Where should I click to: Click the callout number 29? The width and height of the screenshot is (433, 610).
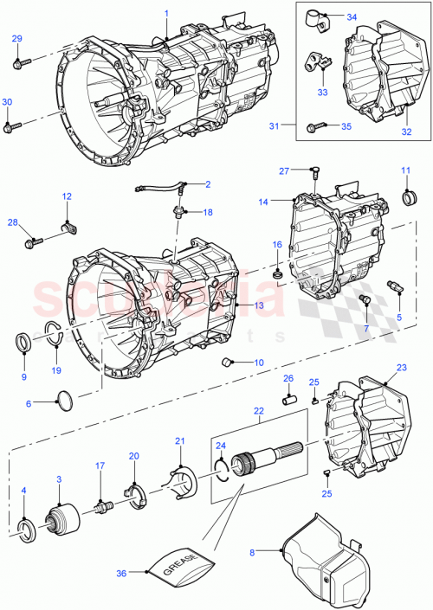16,40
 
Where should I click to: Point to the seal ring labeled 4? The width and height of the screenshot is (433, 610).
26,530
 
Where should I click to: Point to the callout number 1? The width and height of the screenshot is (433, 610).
166,13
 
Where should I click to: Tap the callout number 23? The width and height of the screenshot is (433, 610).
401,367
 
